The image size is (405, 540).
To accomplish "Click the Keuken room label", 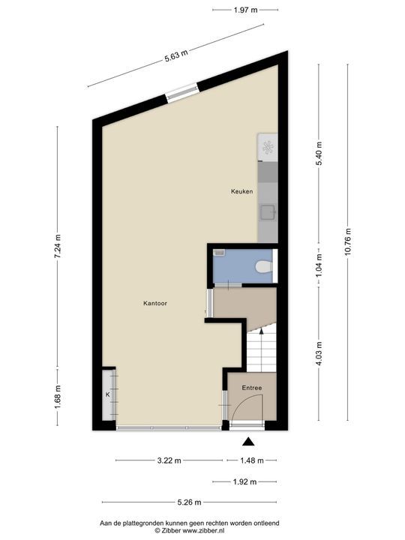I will click(241, 192).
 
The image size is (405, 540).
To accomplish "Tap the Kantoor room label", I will click(154, 304).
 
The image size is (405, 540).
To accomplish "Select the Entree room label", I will click(251, 388).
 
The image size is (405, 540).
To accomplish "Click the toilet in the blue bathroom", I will click(263, 267).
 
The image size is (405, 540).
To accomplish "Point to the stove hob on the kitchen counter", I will click(267, 148).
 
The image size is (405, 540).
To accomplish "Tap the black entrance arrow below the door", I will click(248, 443).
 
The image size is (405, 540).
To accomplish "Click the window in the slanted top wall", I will click(182, 91).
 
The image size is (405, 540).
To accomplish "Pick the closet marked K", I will click(108, 394).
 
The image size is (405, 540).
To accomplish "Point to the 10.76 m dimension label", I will click(348, 241).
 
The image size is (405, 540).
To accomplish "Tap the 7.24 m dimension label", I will click(58, 249).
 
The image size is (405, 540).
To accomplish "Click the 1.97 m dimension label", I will click(245, 10).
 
